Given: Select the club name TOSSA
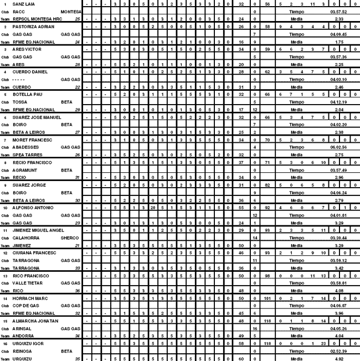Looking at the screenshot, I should pyautogui.click(x=20, y=102).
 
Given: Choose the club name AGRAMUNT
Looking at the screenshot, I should pyautogui.click(x=24, y=170).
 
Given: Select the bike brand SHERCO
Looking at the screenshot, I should pyautogui.click(x=70, y=238).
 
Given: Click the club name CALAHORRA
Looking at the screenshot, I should pyautogui.click(x=25, y=238).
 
